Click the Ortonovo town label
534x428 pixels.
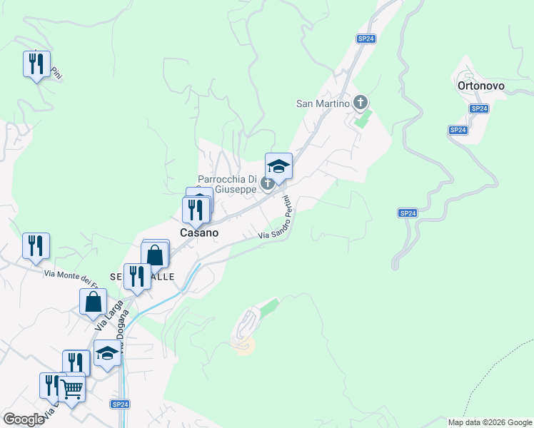480,86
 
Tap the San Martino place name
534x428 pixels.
323,103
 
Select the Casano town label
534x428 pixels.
199,233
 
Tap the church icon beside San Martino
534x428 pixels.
361,103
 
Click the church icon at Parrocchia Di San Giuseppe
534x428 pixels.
268,184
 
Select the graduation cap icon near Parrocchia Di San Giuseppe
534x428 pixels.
278,166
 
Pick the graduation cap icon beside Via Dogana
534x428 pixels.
107,352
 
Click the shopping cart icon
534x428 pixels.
71,389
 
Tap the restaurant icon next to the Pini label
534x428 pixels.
36,63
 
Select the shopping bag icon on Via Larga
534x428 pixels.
94,301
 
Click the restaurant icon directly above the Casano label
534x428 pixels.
195,210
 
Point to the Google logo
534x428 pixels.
24,419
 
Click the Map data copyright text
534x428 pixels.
490,422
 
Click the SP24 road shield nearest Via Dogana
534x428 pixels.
119,404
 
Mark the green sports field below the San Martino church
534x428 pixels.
363,118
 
